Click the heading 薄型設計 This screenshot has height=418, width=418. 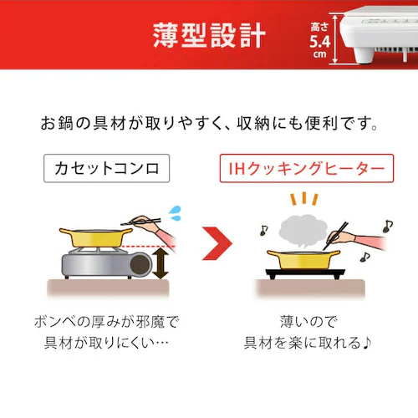tap(209, 35)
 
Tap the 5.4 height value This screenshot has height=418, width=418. tap(320, 39)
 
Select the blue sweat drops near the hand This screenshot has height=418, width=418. tap(173, 211)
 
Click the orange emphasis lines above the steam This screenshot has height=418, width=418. tap(305, 199)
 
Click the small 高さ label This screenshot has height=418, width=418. tap(320, 24)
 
